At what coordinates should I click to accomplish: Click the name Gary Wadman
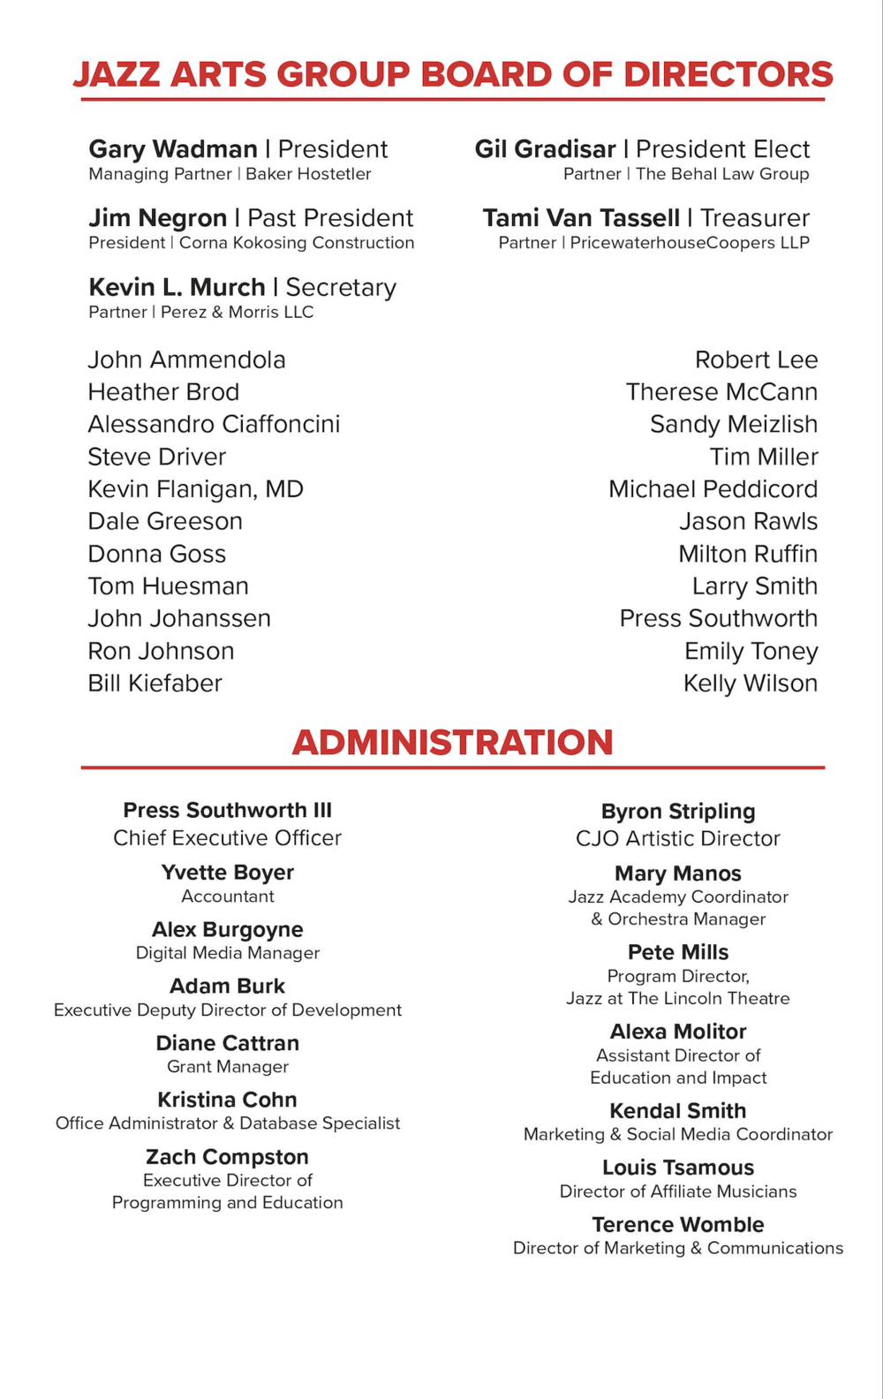click(x=173, y=149)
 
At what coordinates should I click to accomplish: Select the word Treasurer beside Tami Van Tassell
click(x=755, y=218)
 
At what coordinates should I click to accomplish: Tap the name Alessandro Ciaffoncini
click(x=214, y=425)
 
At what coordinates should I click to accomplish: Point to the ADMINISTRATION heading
click(x=452, y=743)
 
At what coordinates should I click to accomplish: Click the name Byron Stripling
click(x=678, y=812)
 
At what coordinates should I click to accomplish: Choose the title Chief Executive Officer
click(x=227, y=838)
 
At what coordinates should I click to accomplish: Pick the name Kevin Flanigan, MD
click(x=195, y=489)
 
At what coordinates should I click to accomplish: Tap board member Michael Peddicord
click(x=713, y=489)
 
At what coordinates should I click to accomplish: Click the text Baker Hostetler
click(x=308, y=174)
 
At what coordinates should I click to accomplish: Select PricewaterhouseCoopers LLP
click(x=690, y=243)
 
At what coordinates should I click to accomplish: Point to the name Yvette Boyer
click(x=227, y=873)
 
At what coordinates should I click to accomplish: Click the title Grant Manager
click(x=228, y=1067)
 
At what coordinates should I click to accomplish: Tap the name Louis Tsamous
click(x=678, y=1168)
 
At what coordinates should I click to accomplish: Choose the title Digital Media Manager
click(x=228, y=953)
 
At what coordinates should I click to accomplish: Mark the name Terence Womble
click(x=678, y=1225)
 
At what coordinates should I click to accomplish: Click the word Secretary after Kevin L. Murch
click(x=341, y=288)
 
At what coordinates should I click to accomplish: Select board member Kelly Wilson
click(x=751, y=684)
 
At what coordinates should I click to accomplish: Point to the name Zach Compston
click(x=227, y=1157)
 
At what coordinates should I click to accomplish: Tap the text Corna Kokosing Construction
click(x=297, y=243)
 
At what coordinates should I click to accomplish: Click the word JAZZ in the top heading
click(x=118, y=75)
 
